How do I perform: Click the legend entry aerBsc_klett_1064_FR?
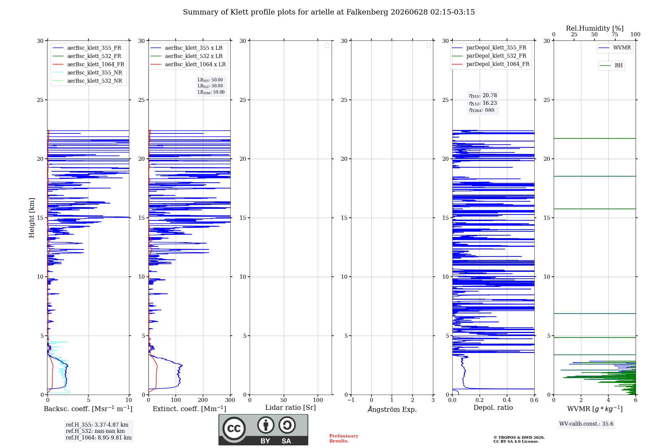pos(89,64)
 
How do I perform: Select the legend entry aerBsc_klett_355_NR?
pos(88,72)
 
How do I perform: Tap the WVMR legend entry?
pos(615,48)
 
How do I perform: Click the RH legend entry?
pos(611,66)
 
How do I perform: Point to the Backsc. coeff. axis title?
pos(88,409)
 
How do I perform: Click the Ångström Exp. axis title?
pos(392,409)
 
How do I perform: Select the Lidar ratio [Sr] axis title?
pos(291,408)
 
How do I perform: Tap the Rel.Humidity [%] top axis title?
pos(595,28)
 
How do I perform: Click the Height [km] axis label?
pos(32,218)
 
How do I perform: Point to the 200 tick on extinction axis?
pos(203,400)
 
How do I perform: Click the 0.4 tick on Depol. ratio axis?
pos(507,400)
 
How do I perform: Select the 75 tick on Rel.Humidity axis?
pos(615,34)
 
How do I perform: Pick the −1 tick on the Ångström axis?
pos(351,400)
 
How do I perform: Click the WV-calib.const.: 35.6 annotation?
pos(586,424)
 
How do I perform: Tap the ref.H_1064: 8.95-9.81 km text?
pos(99,438)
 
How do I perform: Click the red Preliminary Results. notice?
pos(344,438)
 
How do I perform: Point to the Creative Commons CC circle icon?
pos(234,429)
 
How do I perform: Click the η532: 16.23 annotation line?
pos(483,103)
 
